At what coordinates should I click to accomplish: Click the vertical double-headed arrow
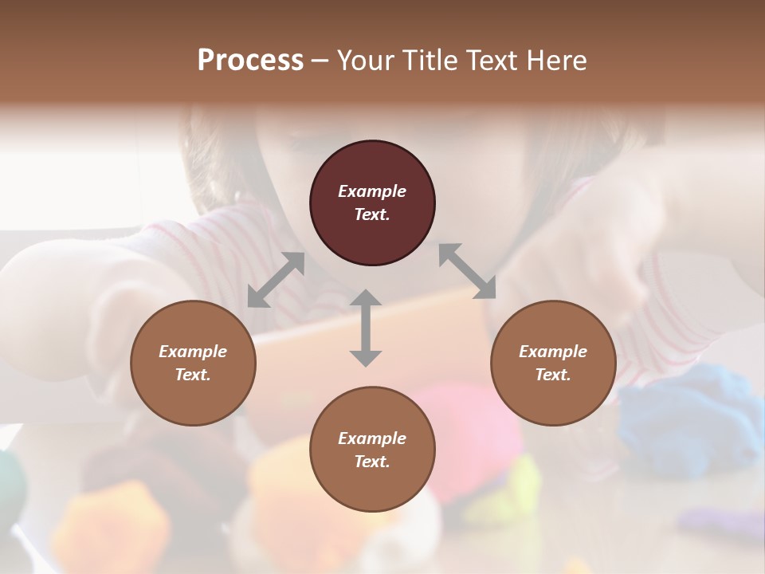(x=366, y=328)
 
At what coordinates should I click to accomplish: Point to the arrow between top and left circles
(x=276, y=279)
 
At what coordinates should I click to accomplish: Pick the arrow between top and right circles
(x=467, y=271)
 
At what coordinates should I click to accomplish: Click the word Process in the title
(x=250, y=60)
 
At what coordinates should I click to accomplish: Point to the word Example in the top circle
(x=372, y=191)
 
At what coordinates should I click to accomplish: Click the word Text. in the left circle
(x=193, y=375)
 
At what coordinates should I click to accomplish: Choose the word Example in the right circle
(x=553, y=352)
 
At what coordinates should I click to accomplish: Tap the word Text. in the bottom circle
(x=372, y=462)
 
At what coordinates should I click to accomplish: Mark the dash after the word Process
(x=320, y=61)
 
